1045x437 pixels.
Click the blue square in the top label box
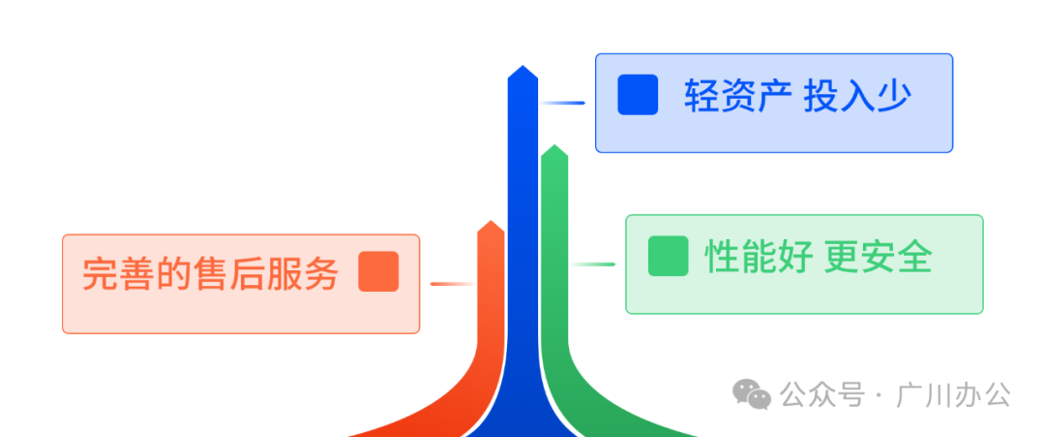[x=638, y=95]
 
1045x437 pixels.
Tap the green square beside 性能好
[x=668, y=256]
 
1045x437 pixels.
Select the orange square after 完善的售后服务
[x=378, y=271]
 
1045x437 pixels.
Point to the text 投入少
[x=857, y=96]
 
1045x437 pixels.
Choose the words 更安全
[x=879, y=257]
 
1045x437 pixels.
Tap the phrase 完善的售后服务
[x=210, y=273]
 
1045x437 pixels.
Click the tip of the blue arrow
[x=522, y=68]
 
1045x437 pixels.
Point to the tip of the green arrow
[x=553, y=147]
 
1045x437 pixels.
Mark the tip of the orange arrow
[x=492, y=222]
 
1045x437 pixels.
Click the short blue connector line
[x=562, y=102]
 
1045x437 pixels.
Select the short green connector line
[x=592, y=264]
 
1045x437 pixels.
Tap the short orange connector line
[x=450, y=284]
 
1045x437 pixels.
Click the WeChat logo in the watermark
[x=751, y=393]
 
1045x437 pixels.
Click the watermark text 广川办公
[x=954, y=395]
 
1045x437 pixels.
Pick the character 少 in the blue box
[x=895, y=96]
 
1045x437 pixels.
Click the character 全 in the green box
[x=915, y=257]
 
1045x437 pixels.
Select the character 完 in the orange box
[x=99, y=273]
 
